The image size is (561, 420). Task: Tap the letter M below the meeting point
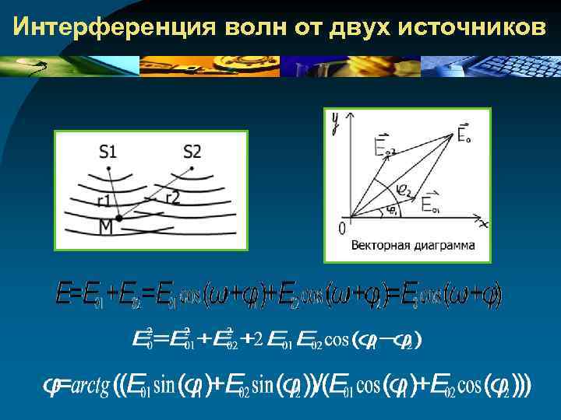tap(106, 227)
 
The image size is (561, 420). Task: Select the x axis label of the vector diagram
tap(483, 224)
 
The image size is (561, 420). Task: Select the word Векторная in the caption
tap(379, 247)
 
